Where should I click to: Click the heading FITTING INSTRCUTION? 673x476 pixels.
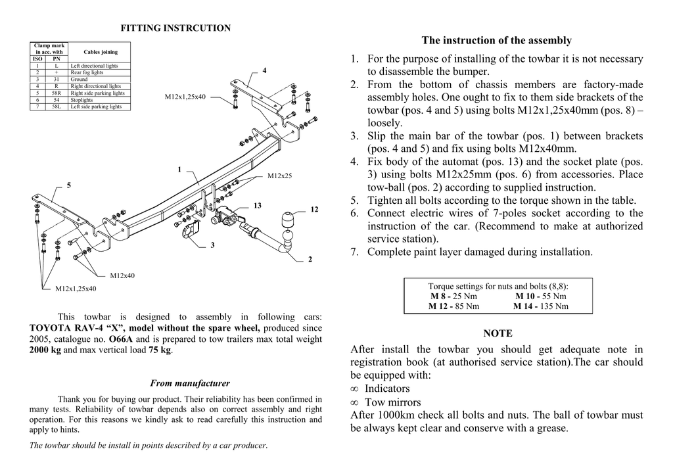point(175,28)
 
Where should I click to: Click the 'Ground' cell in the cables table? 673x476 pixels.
point(79,80)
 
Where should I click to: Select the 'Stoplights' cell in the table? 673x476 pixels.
point(81,100)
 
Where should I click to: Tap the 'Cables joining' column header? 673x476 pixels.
point(101,52)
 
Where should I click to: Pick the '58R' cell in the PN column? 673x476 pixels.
point(57,93)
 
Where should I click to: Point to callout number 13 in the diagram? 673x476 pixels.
point(258,206)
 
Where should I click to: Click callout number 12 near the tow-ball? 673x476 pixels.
point(314,209)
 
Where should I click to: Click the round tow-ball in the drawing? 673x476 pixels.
point(289,219)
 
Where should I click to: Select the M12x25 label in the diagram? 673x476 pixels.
point(279,176)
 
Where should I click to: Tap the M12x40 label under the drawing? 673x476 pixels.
point(122,275)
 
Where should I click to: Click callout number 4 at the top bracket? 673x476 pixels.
point(264,70)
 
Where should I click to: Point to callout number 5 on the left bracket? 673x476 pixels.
point(68,185)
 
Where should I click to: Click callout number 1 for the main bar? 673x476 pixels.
point(179,170)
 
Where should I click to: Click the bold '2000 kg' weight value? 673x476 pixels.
point(45,350)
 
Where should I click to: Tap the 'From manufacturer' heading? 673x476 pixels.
point(190,383)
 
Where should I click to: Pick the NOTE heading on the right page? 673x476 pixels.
point(498,333)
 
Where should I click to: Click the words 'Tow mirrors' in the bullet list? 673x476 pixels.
point(392,402)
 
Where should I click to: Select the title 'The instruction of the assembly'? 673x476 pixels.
point(497,40)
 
